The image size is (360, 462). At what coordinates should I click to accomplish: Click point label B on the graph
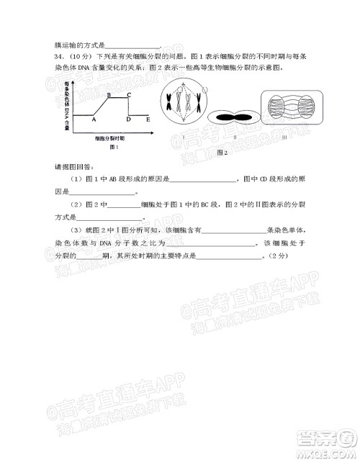(x=108, y=95)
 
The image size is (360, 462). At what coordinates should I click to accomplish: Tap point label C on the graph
(x=128, y=95)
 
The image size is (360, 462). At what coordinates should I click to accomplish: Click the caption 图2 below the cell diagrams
(x=222, y=153)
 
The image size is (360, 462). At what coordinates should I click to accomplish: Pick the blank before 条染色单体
(x=235, y=232)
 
